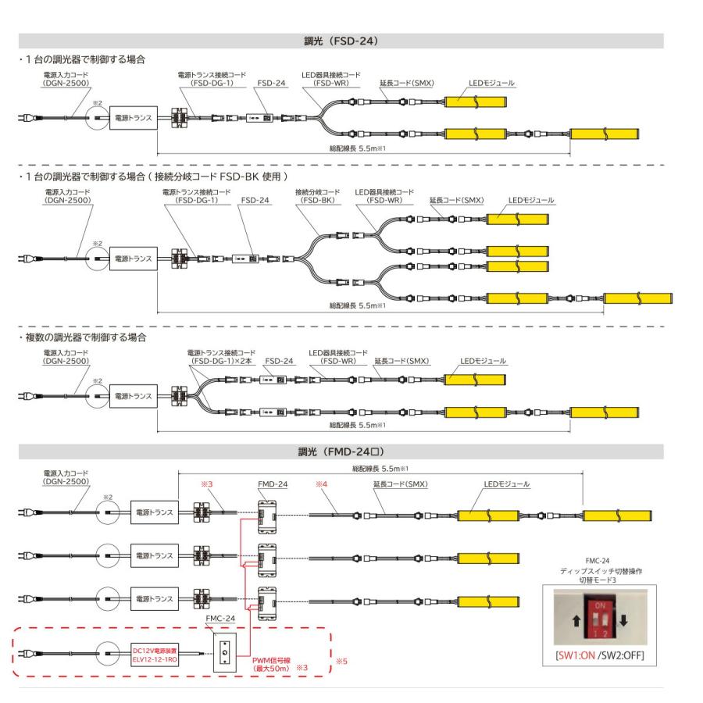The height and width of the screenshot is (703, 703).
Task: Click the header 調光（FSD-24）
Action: coord(341,41)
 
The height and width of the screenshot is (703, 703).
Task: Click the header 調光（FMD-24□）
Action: coord(341,452)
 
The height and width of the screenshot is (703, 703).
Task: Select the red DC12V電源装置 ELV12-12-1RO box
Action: coord(155,655)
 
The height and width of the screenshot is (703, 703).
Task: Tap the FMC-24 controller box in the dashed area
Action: coord(225,653)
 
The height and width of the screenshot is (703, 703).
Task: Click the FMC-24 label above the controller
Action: coord(220,619)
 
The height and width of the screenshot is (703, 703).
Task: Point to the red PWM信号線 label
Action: coord(271,664)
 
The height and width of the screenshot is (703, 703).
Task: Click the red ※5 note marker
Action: coord(341,661)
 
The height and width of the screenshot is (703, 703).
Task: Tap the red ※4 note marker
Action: coord(322,484)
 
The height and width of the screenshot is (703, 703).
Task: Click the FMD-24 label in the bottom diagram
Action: coord(273,484)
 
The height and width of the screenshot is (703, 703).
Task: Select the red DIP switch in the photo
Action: coord(601,616)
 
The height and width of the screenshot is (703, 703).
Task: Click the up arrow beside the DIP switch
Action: coord(576,621)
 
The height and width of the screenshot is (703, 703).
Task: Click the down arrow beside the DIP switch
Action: coord(623,620)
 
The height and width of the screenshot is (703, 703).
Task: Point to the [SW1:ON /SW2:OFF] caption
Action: coord(599,655)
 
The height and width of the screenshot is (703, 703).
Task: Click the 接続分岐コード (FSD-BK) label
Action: coord(317,196)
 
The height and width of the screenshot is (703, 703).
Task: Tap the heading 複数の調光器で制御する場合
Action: coord(86,337)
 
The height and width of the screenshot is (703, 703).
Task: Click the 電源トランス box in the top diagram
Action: coord(134,118)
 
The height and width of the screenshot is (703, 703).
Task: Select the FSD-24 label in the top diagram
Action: coord(271,83)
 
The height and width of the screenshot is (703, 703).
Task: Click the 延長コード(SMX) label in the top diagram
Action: coord(407,83)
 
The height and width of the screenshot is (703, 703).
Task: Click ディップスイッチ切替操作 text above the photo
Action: coord(601,571)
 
